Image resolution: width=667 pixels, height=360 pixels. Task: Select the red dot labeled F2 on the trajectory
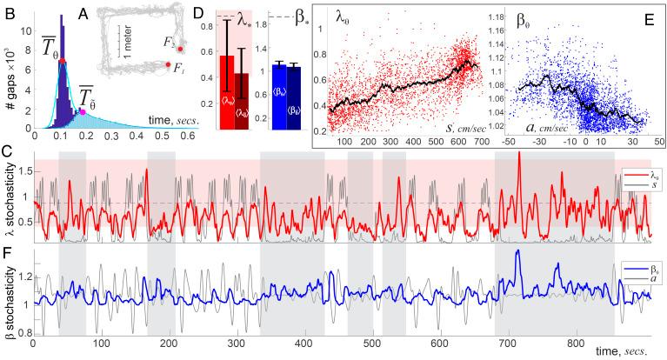180,50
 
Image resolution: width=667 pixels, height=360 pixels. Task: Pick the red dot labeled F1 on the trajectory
169,64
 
